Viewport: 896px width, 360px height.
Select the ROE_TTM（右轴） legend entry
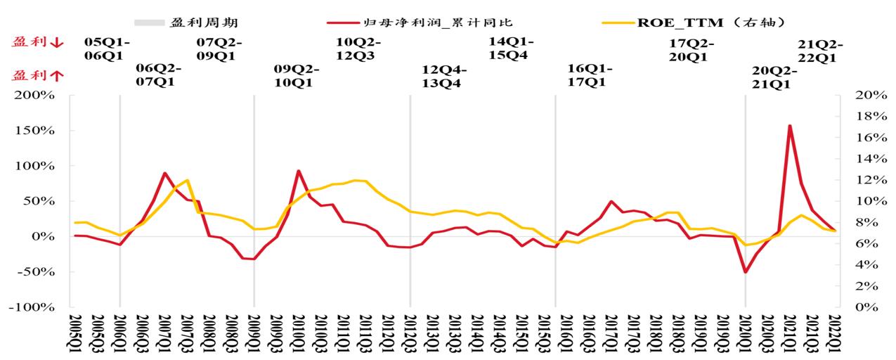tap(682, 22)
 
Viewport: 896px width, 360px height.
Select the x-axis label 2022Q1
tap(836, 333)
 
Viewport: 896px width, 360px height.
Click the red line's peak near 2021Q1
tap(790, 127)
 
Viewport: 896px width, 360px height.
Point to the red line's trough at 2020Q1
tap(745, 272)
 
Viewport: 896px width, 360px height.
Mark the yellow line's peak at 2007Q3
tap(187, 180)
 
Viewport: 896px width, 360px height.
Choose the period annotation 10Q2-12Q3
tap(361, 49)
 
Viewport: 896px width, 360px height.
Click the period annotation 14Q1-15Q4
tap(512, 49)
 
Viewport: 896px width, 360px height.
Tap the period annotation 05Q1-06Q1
tap(107, 49)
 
